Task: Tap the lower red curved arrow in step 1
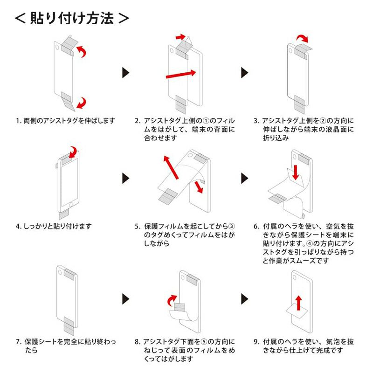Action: (83, 102)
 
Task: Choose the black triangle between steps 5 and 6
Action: (244, 178)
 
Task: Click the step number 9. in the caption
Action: (257, 342)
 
